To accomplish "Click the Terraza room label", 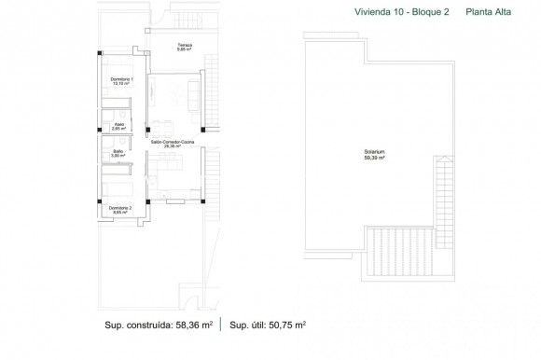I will [x=183, y=44].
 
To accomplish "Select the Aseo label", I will [x=120, y=124].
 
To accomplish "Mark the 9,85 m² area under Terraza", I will [x=183, y=49].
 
